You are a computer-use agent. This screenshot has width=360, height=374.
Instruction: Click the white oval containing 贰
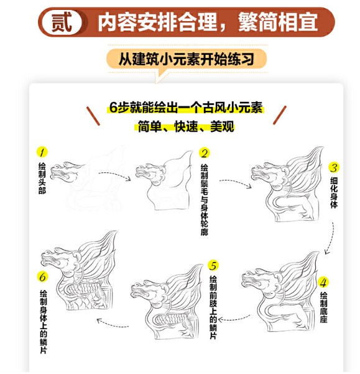tap(62, 22)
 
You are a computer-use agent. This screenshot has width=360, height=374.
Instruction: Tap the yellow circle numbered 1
tap(42, 152)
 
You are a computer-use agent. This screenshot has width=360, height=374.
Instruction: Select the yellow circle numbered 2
tap(204, 153)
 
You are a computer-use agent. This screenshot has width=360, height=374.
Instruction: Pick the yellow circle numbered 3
tap(334, 167)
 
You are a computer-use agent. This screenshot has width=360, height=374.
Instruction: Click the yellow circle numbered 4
tap(323, 283)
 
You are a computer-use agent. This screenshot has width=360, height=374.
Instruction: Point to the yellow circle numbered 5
tap(213, 266)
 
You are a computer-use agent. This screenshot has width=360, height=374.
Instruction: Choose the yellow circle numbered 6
tap(42, 277)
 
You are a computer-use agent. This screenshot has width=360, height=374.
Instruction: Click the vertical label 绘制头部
tap(42, 178)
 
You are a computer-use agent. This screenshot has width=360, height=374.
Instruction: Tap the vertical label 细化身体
tap(334, 192)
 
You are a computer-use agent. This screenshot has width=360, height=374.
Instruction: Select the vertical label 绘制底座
tap(323, 307)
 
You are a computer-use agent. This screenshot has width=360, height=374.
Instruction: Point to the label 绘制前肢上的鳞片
tap(213, 307)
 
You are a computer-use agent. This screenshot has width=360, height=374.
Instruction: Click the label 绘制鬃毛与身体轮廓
tap(204, 199)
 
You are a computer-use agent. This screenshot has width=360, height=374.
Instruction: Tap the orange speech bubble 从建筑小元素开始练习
tap(187, 59)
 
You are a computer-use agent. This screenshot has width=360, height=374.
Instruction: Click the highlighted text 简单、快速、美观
tap(186, 126)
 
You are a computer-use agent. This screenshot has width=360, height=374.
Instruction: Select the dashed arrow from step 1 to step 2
tap(115, 175)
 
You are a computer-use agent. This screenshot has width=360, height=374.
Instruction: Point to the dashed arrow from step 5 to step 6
tap(113, 323)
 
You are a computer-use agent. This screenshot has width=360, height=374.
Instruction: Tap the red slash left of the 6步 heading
tap(93, 116)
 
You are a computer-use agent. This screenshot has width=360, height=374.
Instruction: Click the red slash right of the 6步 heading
tap(280, 115)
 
